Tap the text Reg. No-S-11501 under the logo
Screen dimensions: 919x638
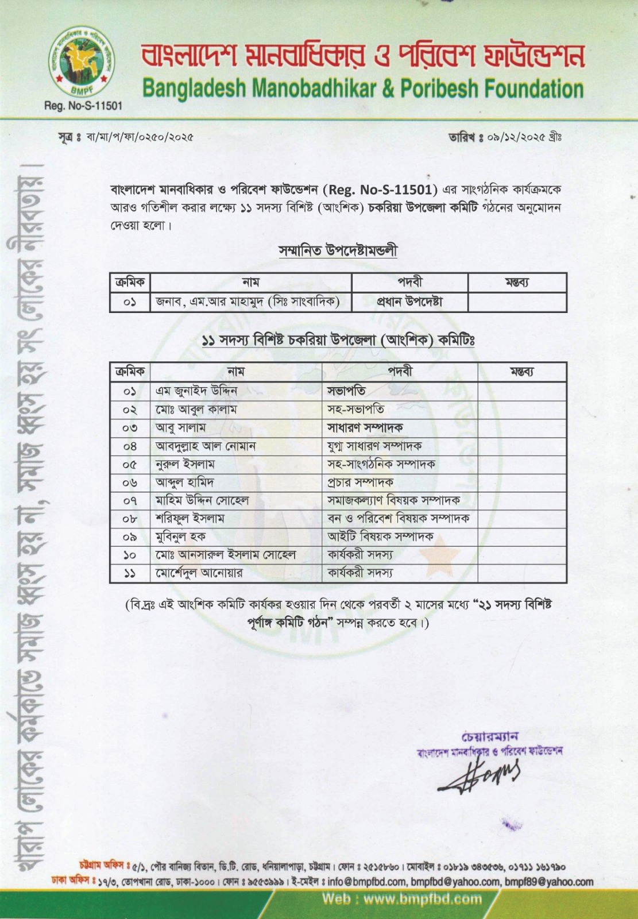tap(83, 106)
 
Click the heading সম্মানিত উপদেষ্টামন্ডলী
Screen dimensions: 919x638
tap(338, 251)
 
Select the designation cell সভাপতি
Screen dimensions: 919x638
tap(346, 391)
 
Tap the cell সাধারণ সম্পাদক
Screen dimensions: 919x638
tap(365, 427)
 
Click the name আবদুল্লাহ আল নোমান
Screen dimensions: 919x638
tap(206, 446)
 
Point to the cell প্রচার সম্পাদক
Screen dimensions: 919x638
tap(360, 482)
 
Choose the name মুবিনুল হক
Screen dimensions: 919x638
tap(180, 536)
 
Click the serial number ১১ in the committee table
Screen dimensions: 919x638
tap(130, 573)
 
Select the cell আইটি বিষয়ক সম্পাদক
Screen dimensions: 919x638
tap(380, 536)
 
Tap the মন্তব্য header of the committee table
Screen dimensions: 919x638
tap(521, 372)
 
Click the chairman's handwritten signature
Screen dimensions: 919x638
tap(480, 775)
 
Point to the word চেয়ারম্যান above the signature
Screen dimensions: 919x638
tap(489, 737)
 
